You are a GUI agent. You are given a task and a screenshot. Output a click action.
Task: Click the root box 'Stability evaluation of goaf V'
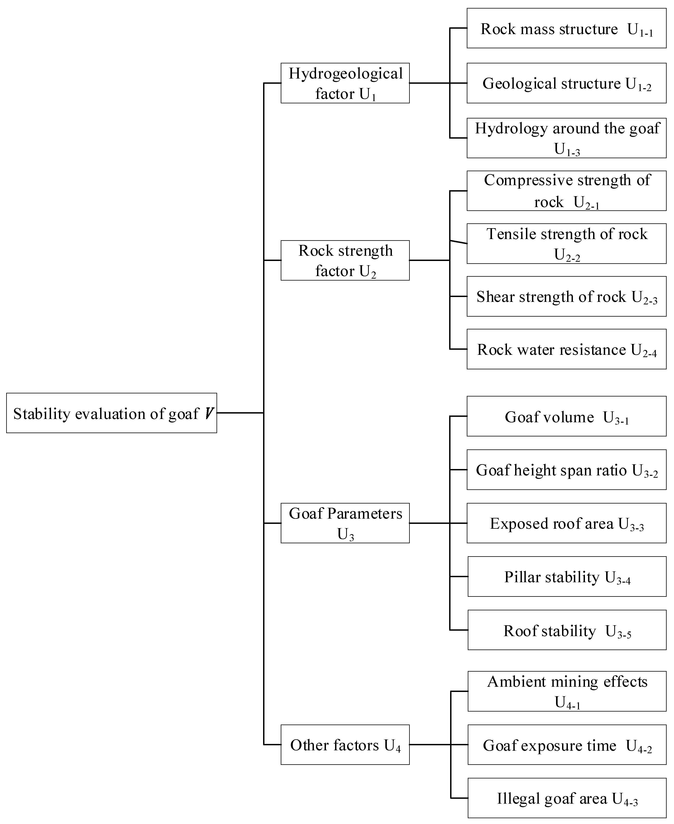click(111, 413)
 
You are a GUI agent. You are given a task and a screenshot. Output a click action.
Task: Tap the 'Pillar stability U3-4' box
click(567, 576)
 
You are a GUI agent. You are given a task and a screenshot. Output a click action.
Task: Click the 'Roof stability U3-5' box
click(567, 630)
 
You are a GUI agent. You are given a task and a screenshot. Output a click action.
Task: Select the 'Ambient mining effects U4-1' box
click(567, 691)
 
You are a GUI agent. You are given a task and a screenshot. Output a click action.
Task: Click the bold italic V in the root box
click(209, 413)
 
